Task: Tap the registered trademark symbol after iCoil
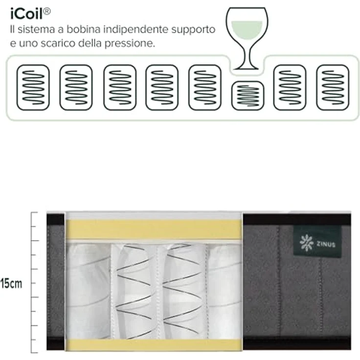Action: [47, 11]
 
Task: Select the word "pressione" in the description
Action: [130, 44]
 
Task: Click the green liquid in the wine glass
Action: [247, 30]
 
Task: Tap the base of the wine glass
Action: [246, 67]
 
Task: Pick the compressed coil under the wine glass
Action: [247, 96]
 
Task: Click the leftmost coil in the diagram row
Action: [33, 88]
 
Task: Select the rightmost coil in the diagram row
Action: [333, 88]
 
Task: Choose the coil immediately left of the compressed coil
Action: [205, 88]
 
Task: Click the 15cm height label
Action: [11, 284]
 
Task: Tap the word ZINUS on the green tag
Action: [326, 244]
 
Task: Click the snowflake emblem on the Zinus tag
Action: [306, 243]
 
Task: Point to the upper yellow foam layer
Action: [154, 229]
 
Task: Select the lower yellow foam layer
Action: [154, 345]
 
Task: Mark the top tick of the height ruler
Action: [34, 213]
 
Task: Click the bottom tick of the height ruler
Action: [34, 353]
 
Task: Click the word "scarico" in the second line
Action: [58, 43]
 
